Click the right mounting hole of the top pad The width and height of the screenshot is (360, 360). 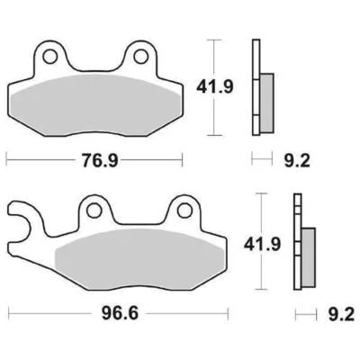click(x=139, y=58)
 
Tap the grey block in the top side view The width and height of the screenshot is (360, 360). click(x=268, y=93)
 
